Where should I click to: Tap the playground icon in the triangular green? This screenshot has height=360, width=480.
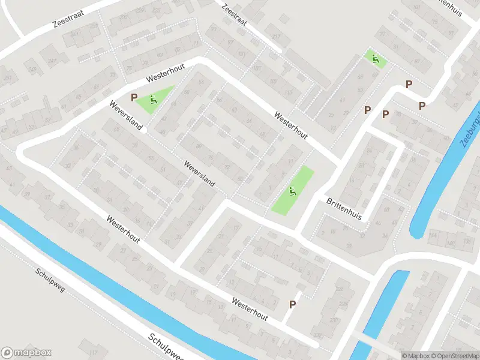pyautogui.click(x=154, y=100)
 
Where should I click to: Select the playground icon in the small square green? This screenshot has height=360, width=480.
pyautogui.click(x=376, y=59)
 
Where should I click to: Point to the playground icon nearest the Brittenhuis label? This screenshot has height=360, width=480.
pyautogui.click(x=293, y=191)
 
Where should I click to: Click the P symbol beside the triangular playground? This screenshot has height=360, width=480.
pyautogui.click(x=134, y=96)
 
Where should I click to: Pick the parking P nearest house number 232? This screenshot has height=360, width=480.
pyautogui.click(x=293, y=304)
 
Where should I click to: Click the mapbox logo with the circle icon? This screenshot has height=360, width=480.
pyautogui.click(x=26, y=353)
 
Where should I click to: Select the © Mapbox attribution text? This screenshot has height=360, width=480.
pyautogui.click(x=416, y=356)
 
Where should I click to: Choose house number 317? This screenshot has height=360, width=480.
pyautogui.click(x=277, y=36)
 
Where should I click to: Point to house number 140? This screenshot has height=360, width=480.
pyautogui.click(x=448, y=242)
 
